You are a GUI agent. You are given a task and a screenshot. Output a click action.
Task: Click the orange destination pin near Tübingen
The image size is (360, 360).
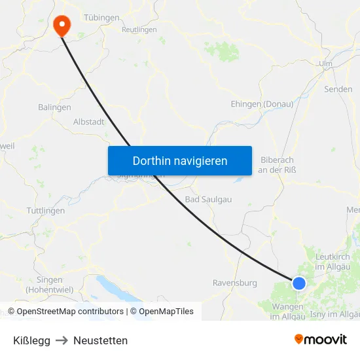click(x=62, y=25)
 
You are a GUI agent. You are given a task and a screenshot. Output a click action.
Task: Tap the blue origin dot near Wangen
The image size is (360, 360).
click(x=298, y=283)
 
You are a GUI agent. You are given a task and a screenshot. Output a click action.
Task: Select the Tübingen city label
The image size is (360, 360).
click(x=101, y=17)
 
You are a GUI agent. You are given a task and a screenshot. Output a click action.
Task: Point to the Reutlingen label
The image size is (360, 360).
click(x=139, y=29)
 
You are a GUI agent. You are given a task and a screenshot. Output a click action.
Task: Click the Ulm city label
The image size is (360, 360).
click(x=325, y=63)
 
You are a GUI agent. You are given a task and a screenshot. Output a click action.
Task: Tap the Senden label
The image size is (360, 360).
click(x=338, y=89)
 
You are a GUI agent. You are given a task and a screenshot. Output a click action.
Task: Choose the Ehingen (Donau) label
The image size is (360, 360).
click(x=262, y=104)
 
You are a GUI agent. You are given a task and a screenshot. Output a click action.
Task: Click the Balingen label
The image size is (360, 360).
click(x=54, y=107)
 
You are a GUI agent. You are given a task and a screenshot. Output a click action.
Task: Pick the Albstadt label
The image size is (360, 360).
click(x=88, y=122)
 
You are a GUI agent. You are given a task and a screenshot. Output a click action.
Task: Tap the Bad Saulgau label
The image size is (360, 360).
click(x=207, y=199)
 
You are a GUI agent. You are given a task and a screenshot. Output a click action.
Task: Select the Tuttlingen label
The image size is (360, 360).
click(x=46, y=211)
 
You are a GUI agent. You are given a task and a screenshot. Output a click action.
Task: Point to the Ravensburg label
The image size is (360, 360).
click(x=234, y=283)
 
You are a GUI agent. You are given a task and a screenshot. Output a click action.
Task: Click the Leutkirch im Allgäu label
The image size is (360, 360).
click(x=333, y=262)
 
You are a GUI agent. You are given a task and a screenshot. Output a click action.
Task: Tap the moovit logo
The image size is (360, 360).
click(x=321, y=340)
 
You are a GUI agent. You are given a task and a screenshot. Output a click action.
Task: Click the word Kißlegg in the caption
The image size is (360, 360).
click(x=31, y=340)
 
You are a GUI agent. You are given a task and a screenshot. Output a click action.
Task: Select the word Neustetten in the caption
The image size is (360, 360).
click(x=100, y=340)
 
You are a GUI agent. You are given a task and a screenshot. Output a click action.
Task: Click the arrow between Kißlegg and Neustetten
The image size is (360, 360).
click(x=62, y=340)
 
